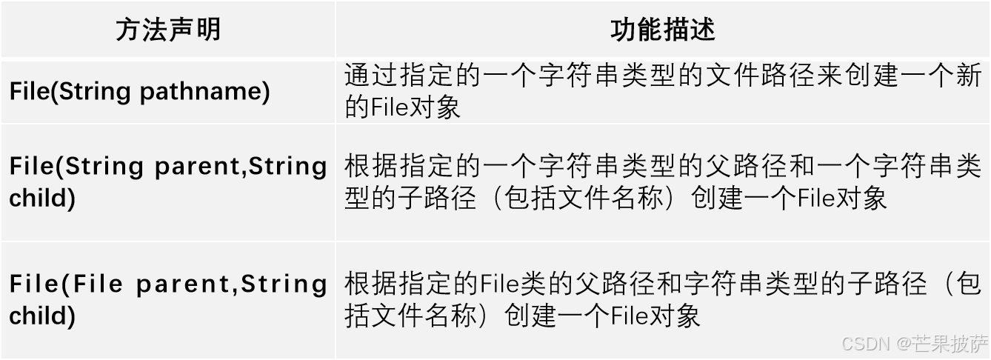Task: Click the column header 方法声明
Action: pos(167,30)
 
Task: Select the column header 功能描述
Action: pos(663,30)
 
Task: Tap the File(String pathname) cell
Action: pos(139,92)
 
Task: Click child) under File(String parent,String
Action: pos(42,199)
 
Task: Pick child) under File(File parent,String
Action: pos(42,316)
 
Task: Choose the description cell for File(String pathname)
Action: pos(663,92)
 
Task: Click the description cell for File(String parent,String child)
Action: pos(663,182)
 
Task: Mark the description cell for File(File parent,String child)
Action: pos(663,300)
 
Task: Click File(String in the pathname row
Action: pos(70,92)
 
